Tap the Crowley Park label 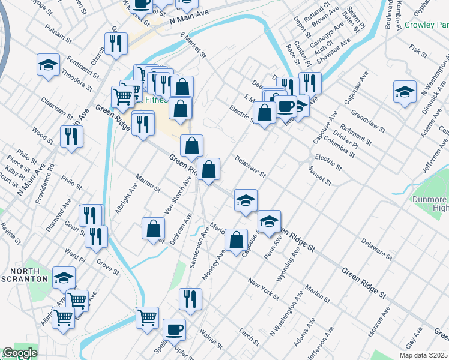click(x=427, y=25)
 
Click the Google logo click(x=19, y=353)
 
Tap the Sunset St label click(x=320, y=176)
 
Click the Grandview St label click(x=367, y=120)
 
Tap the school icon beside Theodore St click(x=48, y=65)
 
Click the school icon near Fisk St click(x=405, y=92)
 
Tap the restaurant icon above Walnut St click(x=190, y=299)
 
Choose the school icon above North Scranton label click(x=64, y=277)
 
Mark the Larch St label click(x=248, y=337)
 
